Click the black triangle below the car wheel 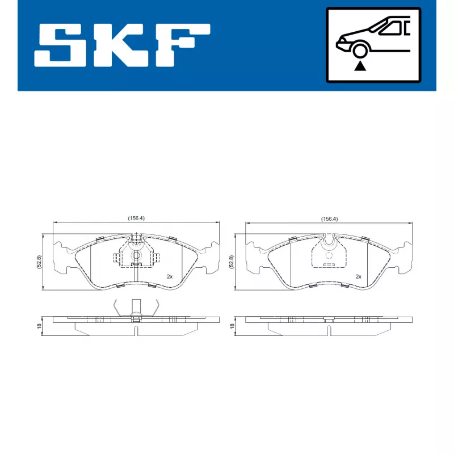pyautogui.click(x=359, y=66)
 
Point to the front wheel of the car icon pyautogui.click(x=359, y=51)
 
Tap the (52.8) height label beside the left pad pyautogui.click(x=39, y=262)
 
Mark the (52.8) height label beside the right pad pyautogui.click(x=232, y=262)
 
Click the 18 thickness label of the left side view pyautogui.click(x=39, y=326)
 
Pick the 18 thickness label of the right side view pyautogui.click(x=232, y=326)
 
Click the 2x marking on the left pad pyautogui.click(x=169, y=276)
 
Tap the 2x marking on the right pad pyautogui.click(x=358, y=276)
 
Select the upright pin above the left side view pyautogui.click(x=136, y=306)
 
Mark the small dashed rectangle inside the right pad pyautogui.click(x=328, y=264)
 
